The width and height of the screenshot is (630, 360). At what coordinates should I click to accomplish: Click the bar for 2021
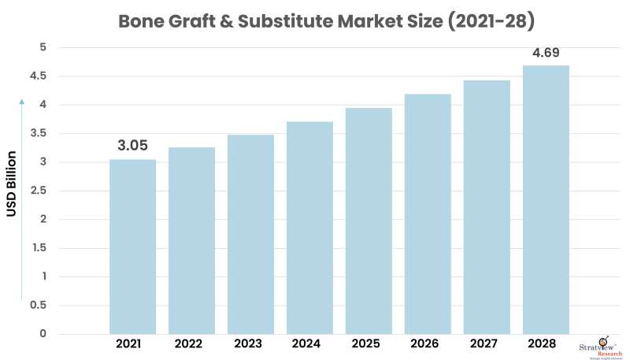(132, 247)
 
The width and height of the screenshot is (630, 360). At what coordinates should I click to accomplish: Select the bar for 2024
(309, 228)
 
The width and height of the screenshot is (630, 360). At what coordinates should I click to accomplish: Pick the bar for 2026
(428, 213)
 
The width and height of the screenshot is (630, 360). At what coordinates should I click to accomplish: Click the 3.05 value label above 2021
(132, 146)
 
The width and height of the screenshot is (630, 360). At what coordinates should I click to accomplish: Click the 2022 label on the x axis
(191, 344)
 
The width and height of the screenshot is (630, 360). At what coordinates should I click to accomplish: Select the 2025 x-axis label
(369, 344)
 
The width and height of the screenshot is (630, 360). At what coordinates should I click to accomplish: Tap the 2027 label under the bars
(487, 344)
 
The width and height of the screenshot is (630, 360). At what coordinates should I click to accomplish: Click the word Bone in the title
(140, 21)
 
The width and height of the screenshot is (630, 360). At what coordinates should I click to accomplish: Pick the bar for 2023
(250, 234)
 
